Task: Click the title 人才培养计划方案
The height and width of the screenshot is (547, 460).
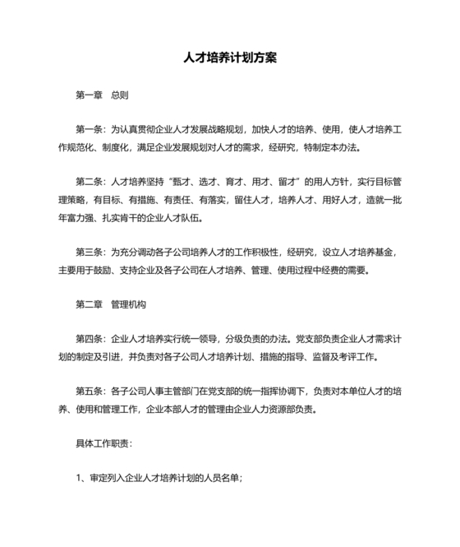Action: [x=230, y=59]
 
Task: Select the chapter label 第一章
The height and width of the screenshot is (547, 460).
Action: [x=89, y=95]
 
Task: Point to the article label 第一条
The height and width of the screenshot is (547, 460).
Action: [x=90, y=130]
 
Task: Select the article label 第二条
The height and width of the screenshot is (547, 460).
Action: [x=90, y=182]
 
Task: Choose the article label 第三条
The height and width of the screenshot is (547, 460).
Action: [x=90, y=252]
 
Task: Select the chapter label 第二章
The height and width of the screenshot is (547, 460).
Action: [x=89, y=304]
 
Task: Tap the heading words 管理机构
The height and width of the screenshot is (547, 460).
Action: [x=128, y=304]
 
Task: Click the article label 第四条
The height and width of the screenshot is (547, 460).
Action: [x=90, y=339]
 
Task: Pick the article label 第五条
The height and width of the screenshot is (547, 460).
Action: [x=90, y=391]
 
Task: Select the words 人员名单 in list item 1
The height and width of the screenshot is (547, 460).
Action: [x=222, y=478]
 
